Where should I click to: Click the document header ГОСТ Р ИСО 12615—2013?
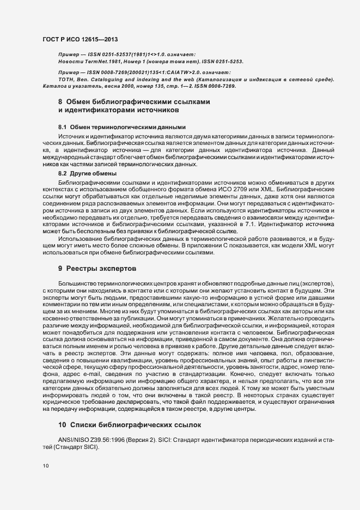pos(80,40)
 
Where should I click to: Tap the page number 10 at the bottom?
pos(46,466)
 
